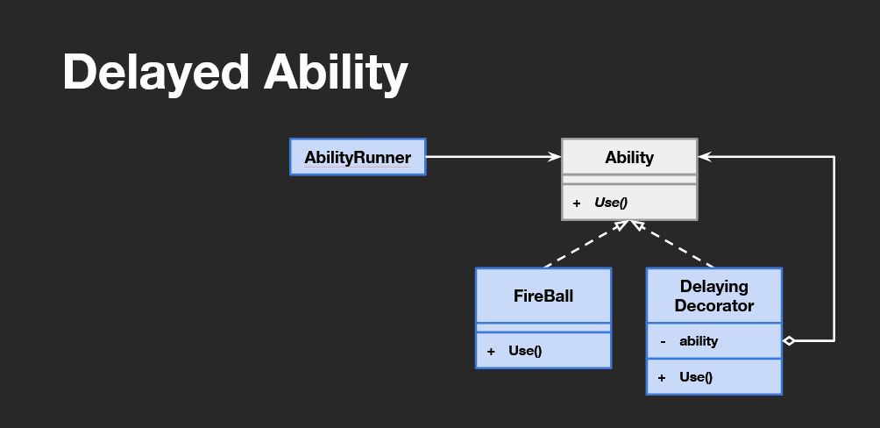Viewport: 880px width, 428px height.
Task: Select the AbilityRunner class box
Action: (358, 157)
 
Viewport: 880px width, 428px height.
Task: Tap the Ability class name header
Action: (629, 157)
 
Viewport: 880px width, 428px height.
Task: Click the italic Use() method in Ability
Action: (611, 203)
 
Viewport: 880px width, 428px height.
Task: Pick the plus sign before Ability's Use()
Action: (577, 203)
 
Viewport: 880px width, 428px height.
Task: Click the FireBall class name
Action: (543, 296)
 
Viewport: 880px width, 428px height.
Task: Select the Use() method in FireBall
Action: (525, 351)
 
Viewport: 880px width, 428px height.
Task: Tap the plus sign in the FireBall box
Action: (491, 351)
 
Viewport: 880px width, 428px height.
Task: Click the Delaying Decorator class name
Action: (714, 296)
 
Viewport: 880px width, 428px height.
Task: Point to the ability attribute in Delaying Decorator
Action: (699, 341)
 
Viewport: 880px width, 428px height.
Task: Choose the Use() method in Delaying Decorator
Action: (696, 377)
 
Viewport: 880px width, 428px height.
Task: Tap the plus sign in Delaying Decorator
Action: (662, 377)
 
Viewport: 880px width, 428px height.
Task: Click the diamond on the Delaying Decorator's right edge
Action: (789, 340)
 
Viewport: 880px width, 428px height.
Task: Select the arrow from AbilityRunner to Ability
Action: (491, 157)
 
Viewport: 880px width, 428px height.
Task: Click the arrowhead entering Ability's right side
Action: (705, 157)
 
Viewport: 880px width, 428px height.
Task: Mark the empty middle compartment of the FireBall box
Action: (543, 328)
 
